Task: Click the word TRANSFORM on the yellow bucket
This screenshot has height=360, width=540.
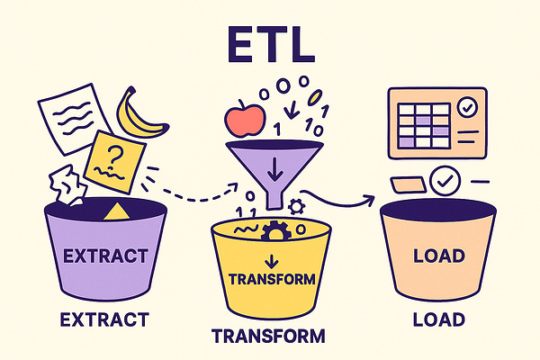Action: tap(272, 280)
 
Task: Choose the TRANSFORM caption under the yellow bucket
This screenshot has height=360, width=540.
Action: tap(268, 337)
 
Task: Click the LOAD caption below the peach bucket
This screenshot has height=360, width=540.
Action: tap(438, 319)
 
